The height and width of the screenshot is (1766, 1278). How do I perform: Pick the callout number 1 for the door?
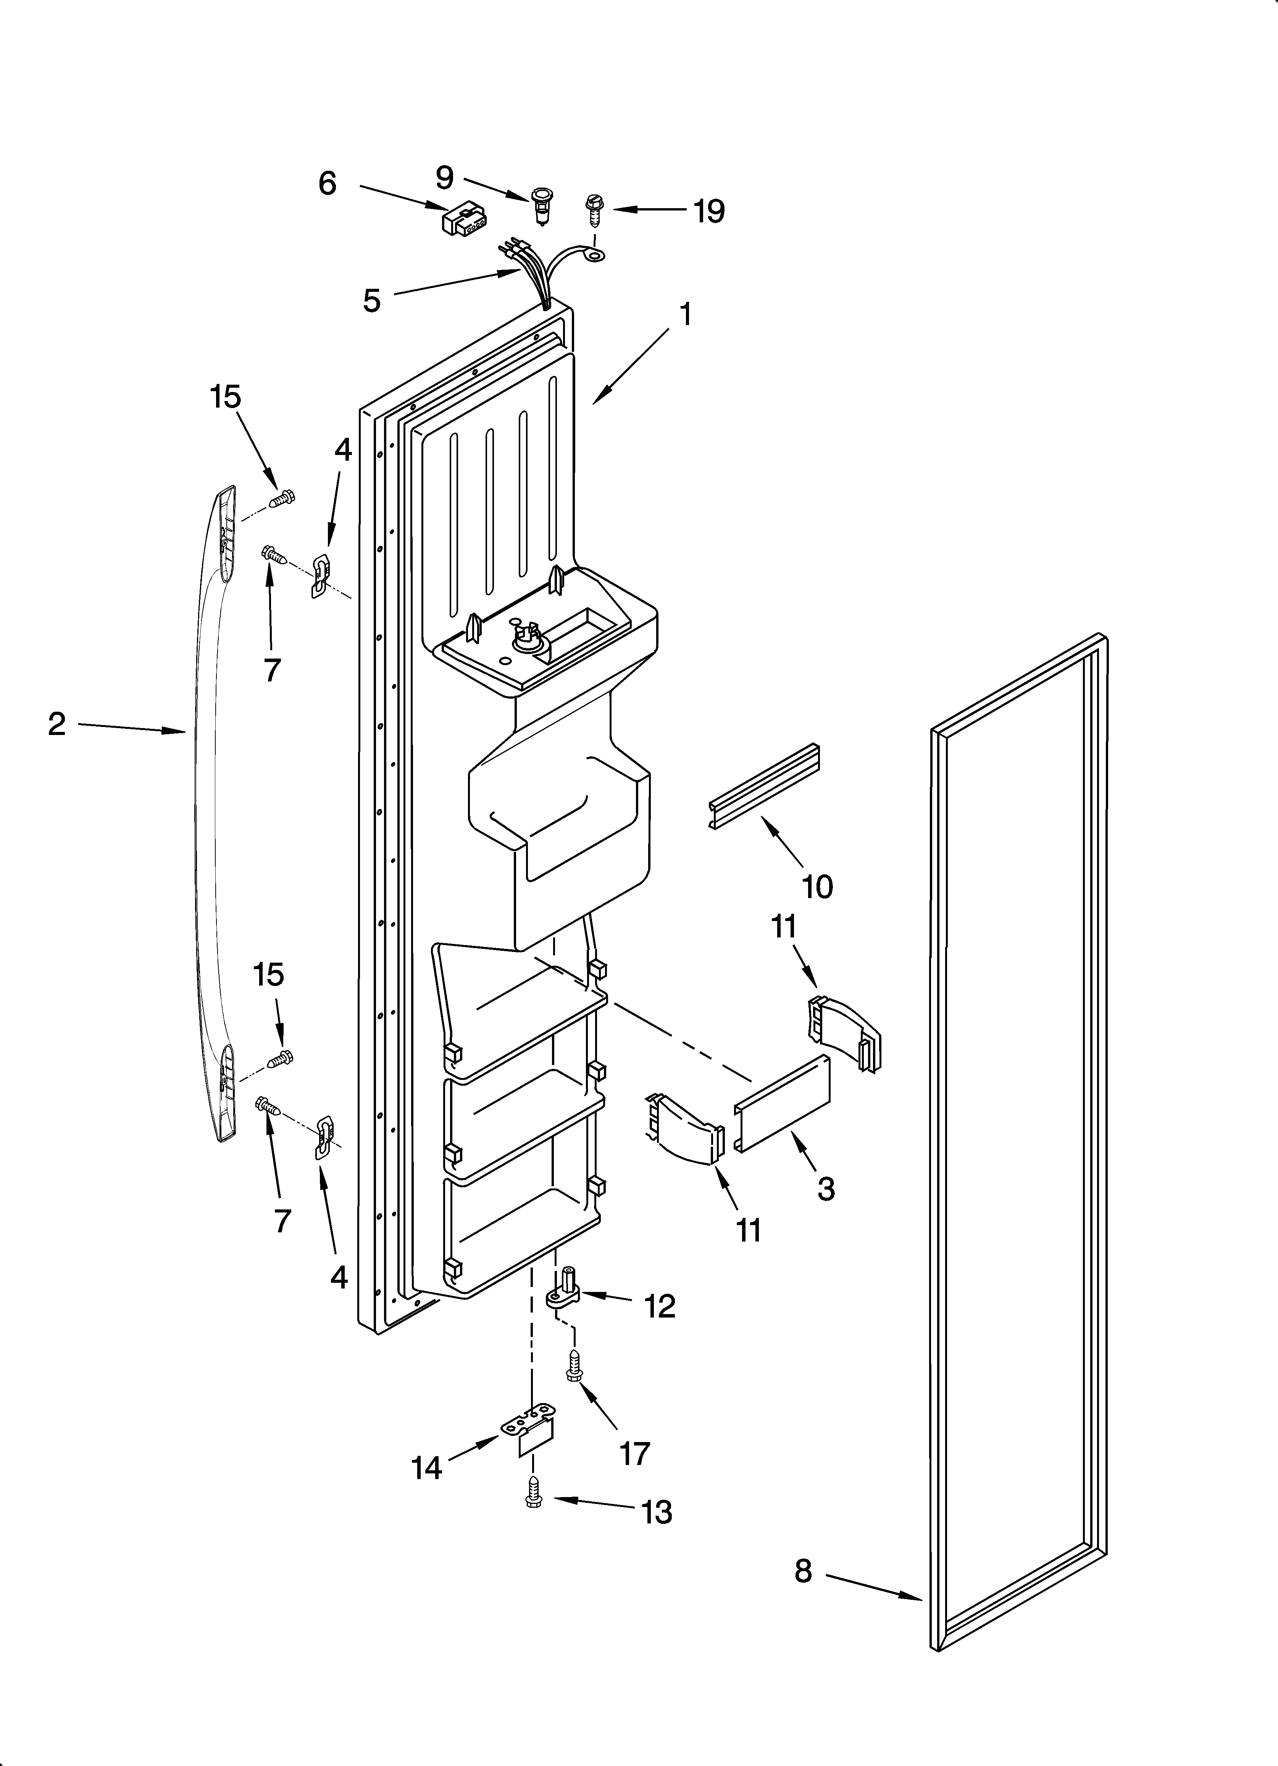click(685, 314)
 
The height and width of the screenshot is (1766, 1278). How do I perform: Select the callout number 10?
click(817, 886)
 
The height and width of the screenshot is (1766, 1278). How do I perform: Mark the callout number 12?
click(660, 1306)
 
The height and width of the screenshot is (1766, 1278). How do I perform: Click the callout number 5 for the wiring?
click(372, 300)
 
